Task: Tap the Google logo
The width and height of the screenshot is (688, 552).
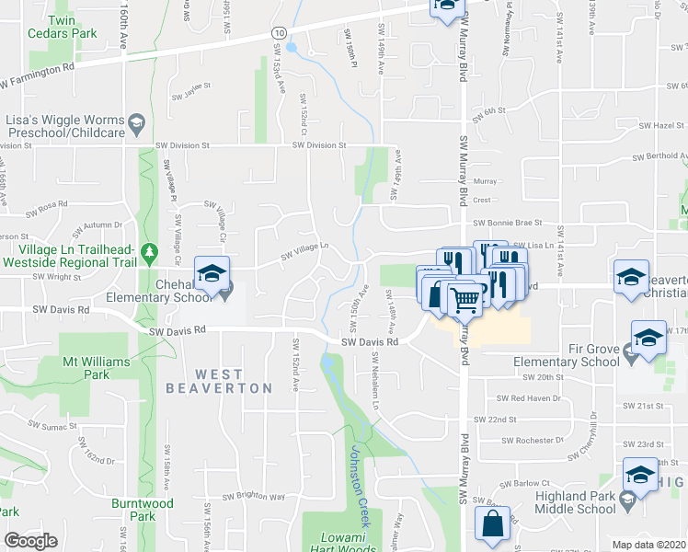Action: pyautogui.click(x=31, y=541)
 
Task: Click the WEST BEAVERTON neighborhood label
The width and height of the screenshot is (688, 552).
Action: pyautogui.click(x=220, y=381)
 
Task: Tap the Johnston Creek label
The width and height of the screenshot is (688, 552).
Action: pyautogui.click(x=361, y=488)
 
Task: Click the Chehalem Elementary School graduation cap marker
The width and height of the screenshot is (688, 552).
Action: pyautogui.click(x=211, y=273)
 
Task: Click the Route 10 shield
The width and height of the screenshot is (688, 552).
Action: pyautogui.click(x=278, y=32)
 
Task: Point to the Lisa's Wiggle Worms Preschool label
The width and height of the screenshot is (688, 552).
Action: pyautogui.click(x=64, y=127)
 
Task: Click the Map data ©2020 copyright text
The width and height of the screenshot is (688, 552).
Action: pyautogui.click(x=649, y=545)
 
